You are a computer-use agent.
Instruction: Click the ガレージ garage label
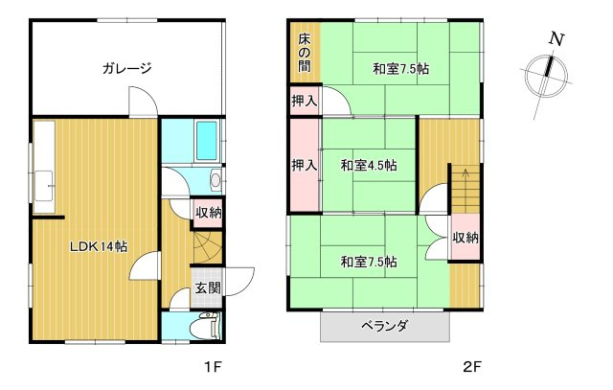click(126, 68)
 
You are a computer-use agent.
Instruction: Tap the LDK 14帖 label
click(98, 246)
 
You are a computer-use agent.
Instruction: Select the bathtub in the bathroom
click(207, 141)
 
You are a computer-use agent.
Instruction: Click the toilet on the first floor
click(206, 326)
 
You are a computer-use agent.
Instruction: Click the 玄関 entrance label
click(208, 288)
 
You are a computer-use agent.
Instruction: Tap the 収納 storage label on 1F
click(209, 213)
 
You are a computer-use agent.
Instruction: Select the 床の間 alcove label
click(305, 53)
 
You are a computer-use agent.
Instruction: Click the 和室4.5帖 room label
click(369, 166)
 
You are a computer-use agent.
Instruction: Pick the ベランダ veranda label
click(385, 326)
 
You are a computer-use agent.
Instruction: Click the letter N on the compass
click(556, 39)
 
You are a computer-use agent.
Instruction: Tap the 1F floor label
click(213, 367)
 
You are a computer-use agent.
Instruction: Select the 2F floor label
click(472, 367)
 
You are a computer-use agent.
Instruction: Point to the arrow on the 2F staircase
click(465, 173)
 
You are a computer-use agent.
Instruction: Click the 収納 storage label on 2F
click(465, 238)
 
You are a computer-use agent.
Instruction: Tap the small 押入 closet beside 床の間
click(305, 101)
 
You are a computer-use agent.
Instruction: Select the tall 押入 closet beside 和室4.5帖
click(305, 165)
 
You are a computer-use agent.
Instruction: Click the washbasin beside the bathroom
click(216, 179)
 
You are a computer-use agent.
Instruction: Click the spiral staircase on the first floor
click(208, 247)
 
